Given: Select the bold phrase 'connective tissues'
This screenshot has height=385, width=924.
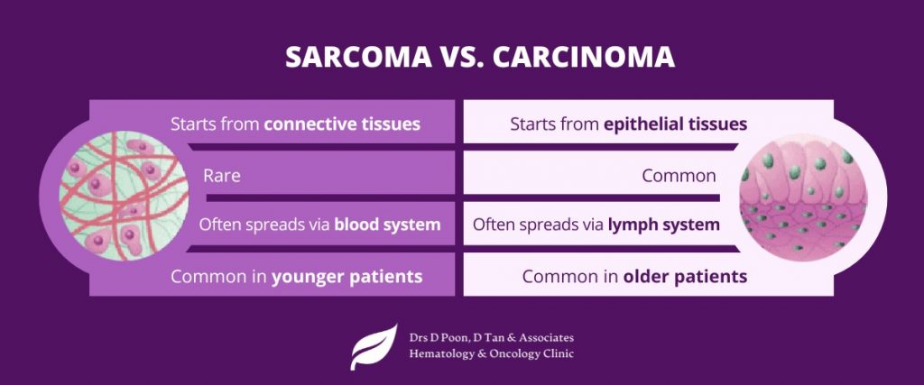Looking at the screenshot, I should click(342, 124).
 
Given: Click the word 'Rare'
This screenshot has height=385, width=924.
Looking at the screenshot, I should click(222, 176).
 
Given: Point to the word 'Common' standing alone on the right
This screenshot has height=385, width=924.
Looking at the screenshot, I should click(679, 176).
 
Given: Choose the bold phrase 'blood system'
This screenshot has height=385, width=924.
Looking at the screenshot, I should click(387, 225).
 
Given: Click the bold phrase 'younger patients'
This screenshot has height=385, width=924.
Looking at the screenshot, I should click(347, 277).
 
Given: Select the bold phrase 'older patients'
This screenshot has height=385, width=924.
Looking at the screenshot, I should click(685, 277).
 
